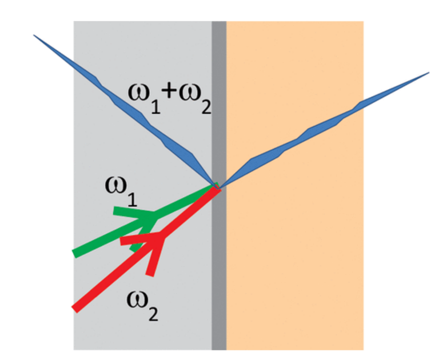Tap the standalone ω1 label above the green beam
pyautogui.click(x=121, y=192)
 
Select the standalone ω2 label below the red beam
pyautogui.click(x=142, y=306)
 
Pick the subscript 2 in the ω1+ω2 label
pyautogui.click(x=206, y=106)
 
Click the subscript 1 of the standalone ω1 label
pyautogui.click(x=133, y=199)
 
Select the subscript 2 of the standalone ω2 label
pyautogui.click(x=153, y=313)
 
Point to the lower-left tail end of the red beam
pyautogui.click(x=74, y=309)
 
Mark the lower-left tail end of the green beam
pyautogui.click(x=75, y=253)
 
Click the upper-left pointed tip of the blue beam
pyautogui.click(x=34, y=35)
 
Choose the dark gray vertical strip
pyautogui.click(x=219, y=185)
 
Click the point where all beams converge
pyautogui.click(x=218, y=187)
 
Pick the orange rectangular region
pyautogui.click(x=295, y=185)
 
